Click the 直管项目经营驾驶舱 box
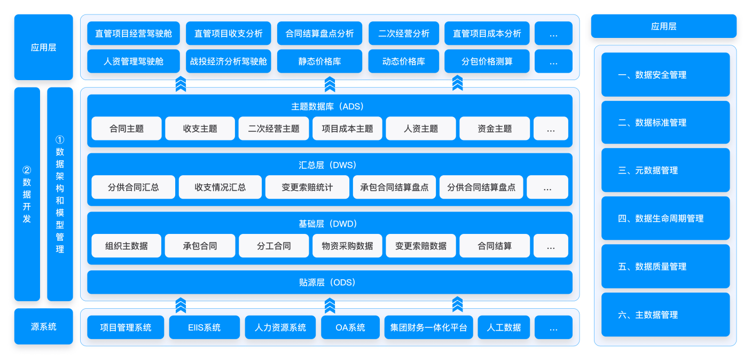(134, 33)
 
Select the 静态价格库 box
(319, 61)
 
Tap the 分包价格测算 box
(487, 61)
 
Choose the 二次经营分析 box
(403, 33)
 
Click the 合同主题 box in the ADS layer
(127, 129)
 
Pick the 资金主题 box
(495, 129)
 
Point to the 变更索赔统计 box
(307, 187)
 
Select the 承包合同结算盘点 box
(394, 187)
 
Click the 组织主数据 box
(127, 246)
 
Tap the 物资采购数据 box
(347, 246)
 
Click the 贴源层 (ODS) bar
(330, 283)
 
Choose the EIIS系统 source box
(204, 327)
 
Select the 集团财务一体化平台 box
(428, 327)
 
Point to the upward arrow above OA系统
(330, 306)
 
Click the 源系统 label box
(43, 326)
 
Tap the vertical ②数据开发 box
(27, 194)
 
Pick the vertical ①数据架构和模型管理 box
(60, 194)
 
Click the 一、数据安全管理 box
(665, 75)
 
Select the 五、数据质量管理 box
(665, 267)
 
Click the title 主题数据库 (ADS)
(330, 106)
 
